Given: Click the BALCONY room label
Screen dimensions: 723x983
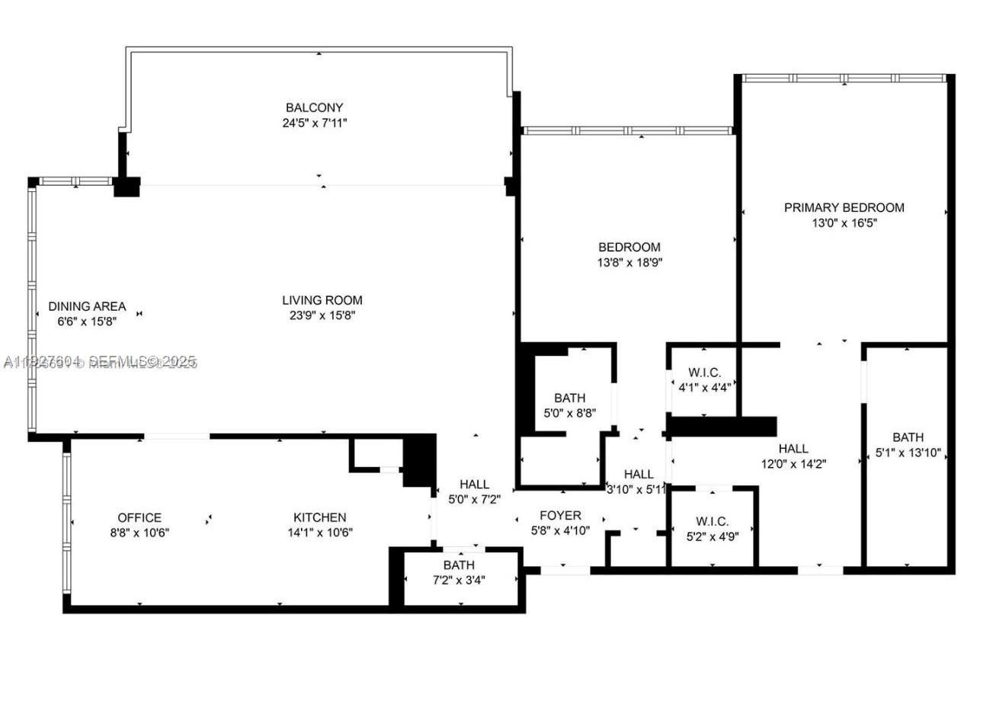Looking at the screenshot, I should (x=314, y=107).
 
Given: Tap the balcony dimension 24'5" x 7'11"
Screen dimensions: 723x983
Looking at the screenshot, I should (x=314, y=122).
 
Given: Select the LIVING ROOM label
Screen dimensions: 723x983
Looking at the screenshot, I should (x=322, y=300).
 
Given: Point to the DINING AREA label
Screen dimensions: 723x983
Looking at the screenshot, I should (x=87, y=306).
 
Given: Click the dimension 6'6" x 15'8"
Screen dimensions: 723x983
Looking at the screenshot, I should (x=87, y=321).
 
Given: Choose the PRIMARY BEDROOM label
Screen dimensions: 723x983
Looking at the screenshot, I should (x=844, y=207).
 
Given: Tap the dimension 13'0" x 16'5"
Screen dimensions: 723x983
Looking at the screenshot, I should (x=844, y=223).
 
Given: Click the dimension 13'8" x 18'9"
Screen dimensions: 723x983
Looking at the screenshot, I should (x=629, y=262).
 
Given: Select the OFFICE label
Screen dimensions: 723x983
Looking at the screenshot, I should (x=139, y=517).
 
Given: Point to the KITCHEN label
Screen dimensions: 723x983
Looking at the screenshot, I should (x=320, y=517).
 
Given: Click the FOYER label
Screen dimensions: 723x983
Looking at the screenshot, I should (x=560, y=516).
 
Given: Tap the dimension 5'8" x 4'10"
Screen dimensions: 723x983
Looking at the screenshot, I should (x=560, y=531).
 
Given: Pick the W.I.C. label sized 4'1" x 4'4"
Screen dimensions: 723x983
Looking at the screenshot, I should (x=704, y=373).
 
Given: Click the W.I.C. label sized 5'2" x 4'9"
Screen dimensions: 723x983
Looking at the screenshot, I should (x=712, y=521).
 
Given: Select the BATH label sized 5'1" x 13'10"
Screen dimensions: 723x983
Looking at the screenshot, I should (x=908, y=437).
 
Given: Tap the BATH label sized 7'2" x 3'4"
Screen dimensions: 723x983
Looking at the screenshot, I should (x=459, y=565).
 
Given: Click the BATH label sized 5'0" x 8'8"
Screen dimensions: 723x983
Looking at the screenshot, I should (x=569, y=398).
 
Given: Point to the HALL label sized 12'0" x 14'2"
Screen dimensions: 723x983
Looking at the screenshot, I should (x=793, y=449).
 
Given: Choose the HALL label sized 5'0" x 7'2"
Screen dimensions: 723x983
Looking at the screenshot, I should (x=474, y=485).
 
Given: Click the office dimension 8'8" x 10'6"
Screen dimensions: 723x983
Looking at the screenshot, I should (x=139, y=533).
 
